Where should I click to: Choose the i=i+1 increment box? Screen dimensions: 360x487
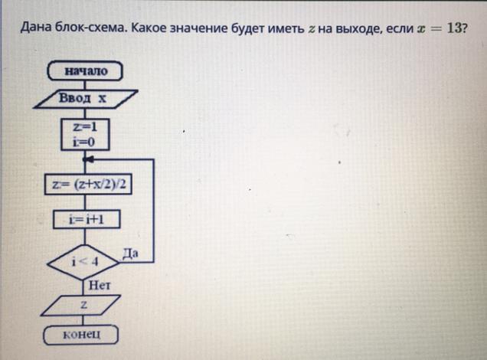[87, 219]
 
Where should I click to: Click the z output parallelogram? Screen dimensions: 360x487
[84, 306]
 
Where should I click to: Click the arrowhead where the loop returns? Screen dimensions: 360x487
[89, 160]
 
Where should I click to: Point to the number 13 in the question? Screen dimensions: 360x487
[454, 28]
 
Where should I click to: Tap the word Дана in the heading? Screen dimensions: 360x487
[34, 29]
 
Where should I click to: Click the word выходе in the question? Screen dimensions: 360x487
[355, 29]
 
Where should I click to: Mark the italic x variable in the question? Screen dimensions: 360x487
[420, 29]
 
